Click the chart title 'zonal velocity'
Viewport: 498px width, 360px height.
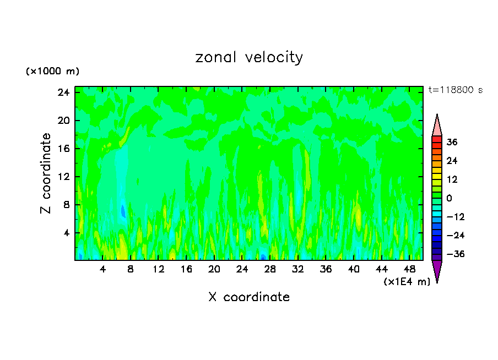(249, 57)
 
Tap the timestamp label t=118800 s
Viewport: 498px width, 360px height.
(455, 90)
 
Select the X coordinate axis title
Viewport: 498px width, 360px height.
(249, 297)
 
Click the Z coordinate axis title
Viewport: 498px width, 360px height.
(46, 173)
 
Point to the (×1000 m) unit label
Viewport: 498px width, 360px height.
(52, 72)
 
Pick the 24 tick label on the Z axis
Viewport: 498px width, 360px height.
(63, 92)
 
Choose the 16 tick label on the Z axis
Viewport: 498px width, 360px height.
(63, 149)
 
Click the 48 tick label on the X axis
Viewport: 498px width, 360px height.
(409, 270)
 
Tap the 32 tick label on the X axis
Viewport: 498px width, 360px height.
(298, 270)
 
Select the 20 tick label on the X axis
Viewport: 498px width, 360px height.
(214, 270)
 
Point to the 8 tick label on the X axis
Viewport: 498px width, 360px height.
(131, 270)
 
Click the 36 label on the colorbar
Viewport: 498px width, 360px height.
(452, 142)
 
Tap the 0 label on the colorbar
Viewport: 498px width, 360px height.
(449, 198)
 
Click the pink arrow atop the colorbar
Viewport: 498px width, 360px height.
(437, 126)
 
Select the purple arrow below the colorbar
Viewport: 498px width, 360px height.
(437, 270)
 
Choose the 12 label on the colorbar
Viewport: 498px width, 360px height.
(452, 179)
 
